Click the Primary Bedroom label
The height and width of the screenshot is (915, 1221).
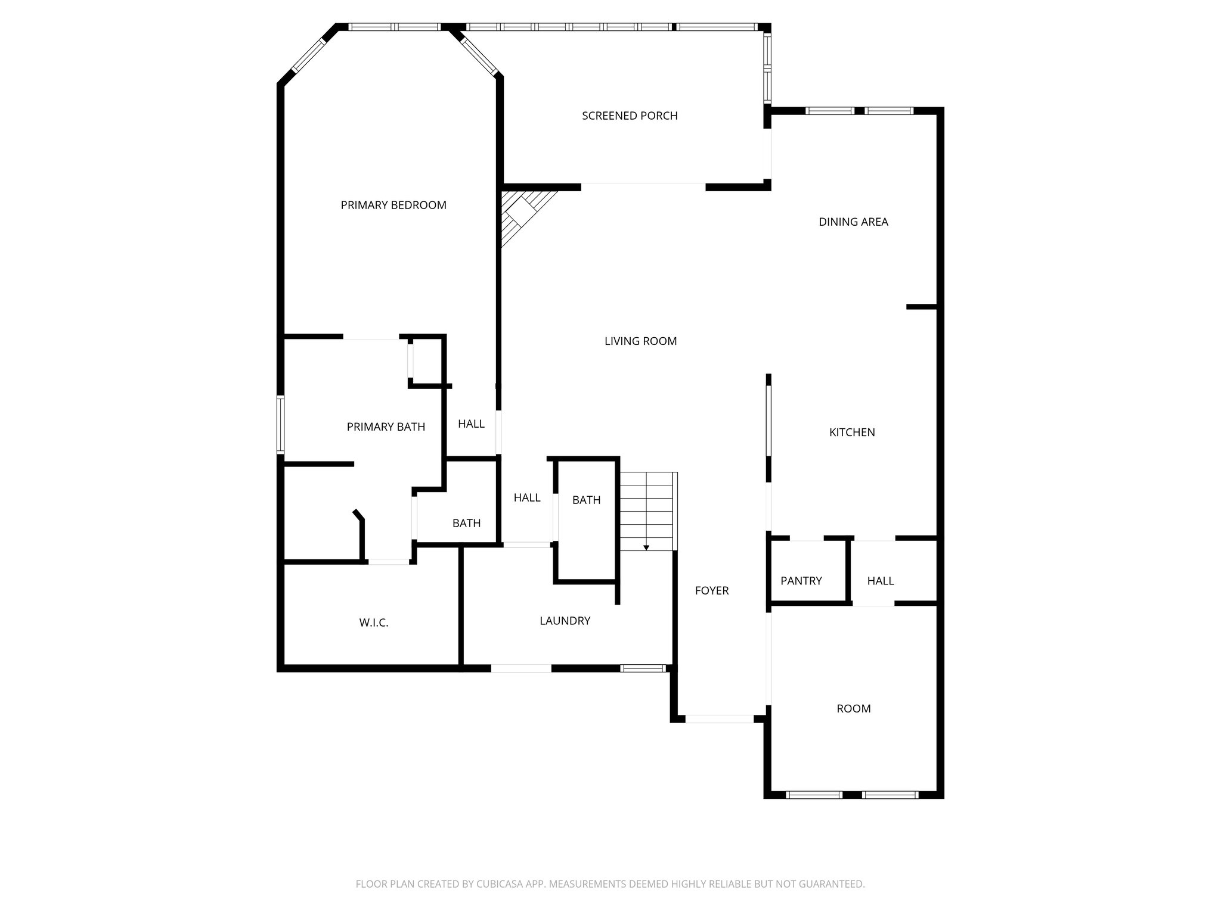393,205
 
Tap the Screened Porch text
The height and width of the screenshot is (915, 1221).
630,116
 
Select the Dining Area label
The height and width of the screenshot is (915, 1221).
853,222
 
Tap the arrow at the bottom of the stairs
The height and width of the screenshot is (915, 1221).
646,547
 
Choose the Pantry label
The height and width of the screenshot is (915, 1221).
801,580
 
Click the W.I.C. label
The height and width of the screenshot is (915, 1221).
374,623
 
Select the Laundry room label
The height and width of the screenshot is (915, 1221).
565,621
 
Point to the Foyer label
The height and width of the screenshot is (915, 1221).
712,590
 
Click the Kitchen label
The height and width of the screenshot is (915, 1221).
852,432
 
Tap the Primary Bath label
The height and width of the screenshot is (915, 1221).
386,427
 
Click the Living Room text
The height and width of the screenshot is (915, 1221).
640,341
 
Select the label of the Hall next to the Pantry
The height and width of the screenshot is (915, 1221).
880,580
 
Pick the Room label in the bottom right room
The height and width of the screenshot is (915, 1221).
853,708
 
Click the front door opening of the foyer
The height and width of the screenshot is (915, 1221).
719,718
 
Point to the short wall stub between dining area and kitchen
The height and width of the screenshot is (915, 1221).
921,307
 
